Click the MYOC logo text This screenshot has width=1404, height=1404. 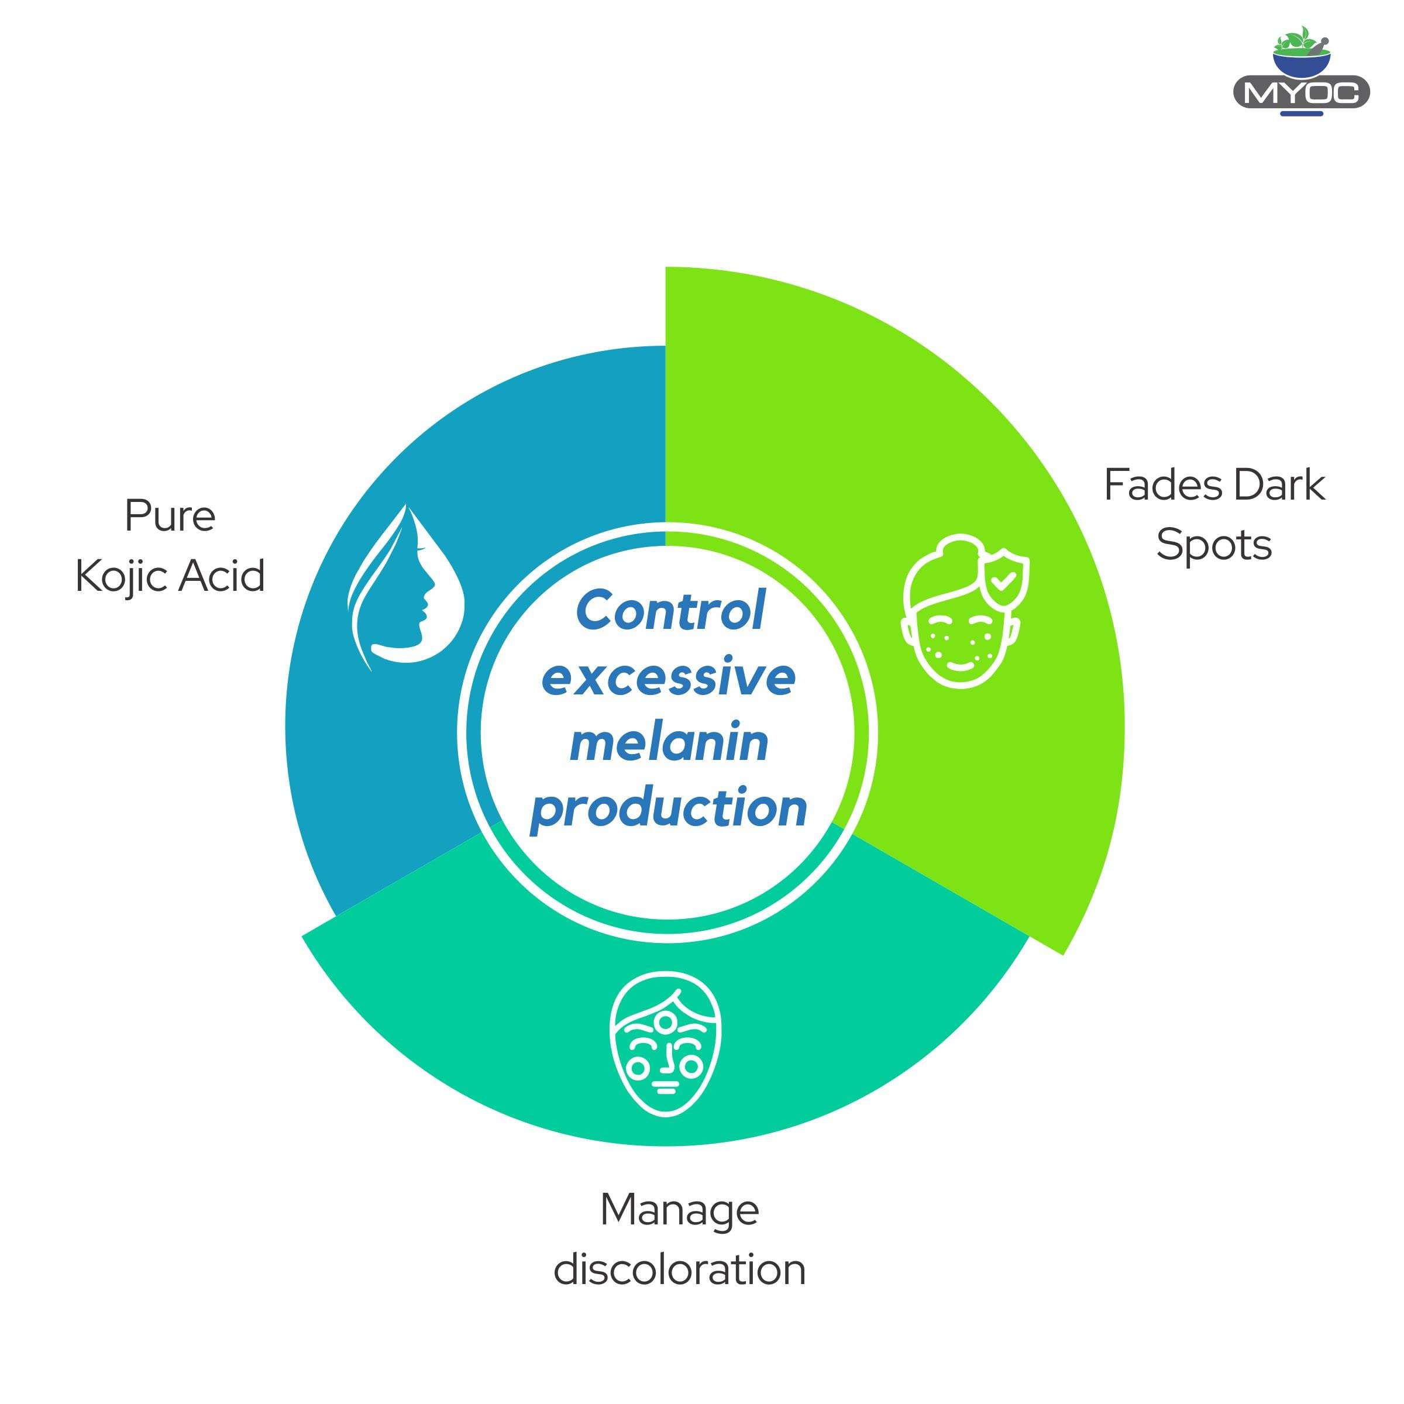point(1301,92)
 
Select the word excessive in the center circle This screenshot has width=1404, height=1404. point(669,677)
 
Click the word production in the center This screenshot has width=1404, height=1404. point(669,807)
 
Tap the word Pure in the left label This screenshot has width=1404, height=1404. point(170,517)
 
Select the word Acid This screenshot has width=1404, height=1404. point(222,576)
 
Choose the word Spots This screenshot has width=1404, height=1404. point(1214,546)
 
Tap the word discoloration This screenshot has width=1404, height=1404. point(679,1270)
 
